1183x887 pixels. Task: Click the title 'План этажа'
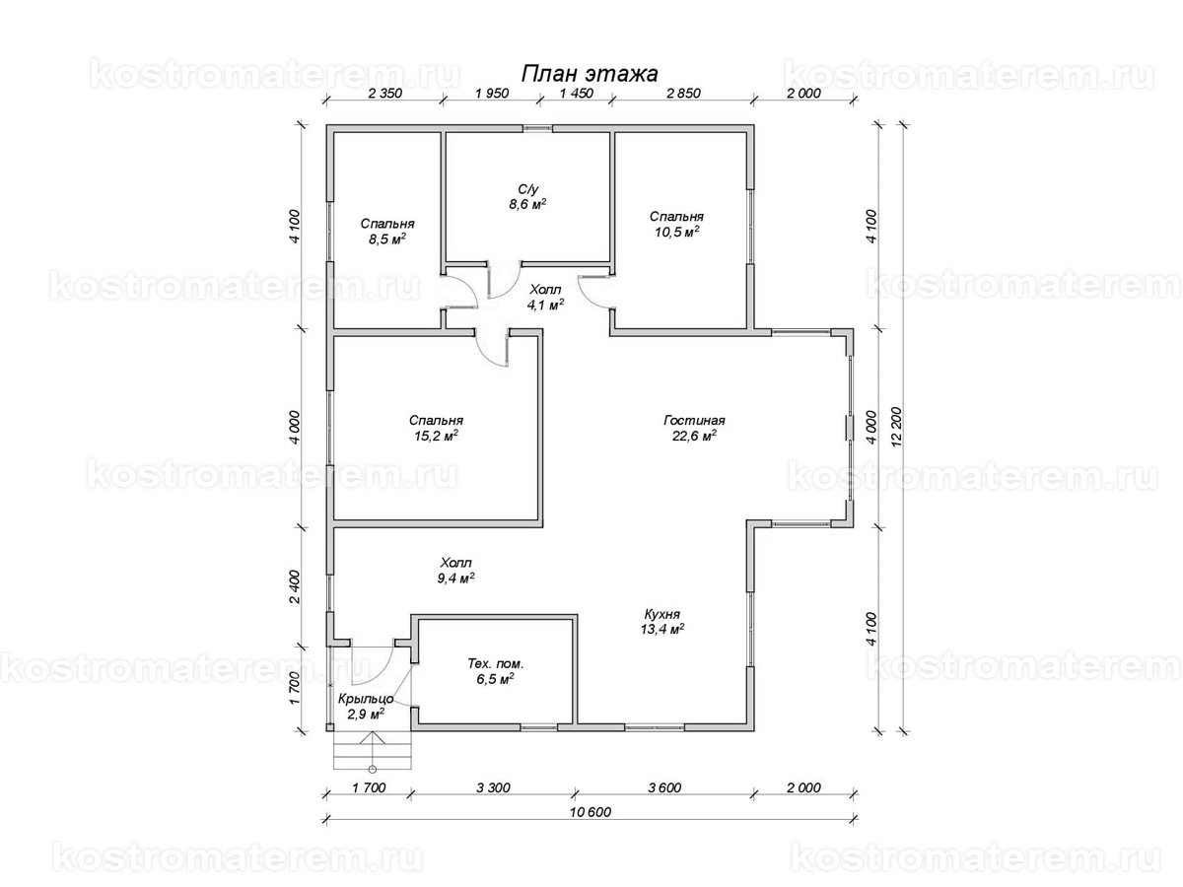[590, 74]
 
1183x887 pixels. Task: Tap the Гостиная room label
[694, 428]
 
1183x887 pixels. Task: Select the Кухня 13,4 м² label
[662, 621]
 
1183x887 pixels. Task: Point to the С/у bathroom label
[528, 196]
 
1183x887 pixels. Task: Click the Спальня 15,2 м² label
[436, 428]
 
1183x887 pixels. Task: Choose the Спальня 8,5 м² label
[387, 231]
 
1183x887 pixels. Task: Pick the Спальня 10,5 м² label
[676, 224]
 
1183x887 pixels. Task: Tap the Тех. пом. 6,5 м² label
[495, 671]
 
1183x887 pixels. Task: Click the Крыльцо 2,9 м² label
[366, 706]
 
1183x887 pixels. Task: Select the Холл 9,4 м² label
[456, 571]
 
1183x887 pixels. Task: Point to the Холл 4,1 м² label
[545, 298]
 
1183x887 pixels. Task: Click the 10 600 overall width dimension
[591, 811]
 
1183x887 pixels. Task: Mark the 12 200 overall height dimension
[896, 427]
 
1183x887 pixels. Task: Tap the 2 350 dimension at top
[384, 94]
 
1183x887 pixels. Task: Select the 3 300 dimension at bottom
[493, 787]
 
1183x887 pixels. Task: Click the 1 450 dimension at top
[576, 94]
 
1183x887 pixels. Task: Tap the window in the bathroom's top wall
[537, 128]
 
